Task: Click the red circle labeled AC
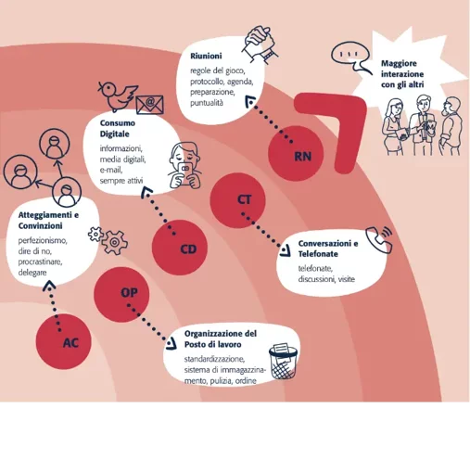click(64, 341)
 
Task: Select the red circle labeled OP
click(121, 295)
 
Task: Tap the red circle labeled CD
click(180, 248)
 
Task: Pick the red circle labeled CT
click(238, 200)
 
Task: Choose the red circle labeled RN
click(296, 153)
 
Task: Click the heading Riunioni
click(206, 57)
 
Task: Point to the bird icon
click(118, 96)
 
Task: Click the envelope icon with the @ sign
click(149, 105)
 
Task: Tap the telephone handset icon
click(379, 240)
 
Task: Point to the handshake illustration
click(260, 45)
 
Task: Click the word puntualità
click(207, 103)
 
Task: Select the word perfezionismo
click(43, 240)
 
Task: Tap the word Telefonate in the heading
click(318, 254)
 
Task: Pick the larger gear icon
click(114, 243)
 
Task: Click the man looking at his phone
click(184, 165)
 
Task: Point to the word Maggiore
click(399, 64)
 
